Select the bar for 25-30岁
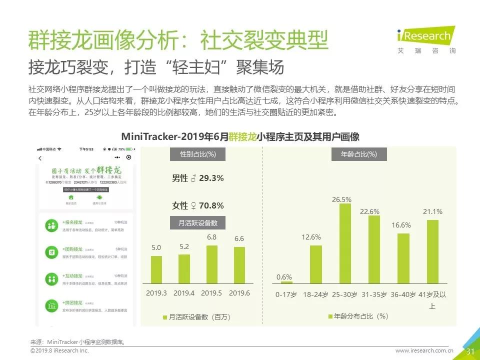pyautogui.click(x=345, y=243)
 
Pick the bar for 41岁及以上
pyautogui.click(x=432, y=251)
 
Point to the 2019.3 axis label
pyautogui.click(x=156, y=293)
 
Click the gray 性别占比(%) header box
pyautogui.click(x=197, y=154)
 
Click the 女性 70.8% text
pyautogui.click(x=197, y=205)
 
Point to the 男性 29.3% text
pyautogui.click(x=197, y=178)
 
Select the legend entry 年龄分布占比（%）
pyautogui.click(x=358, y=316)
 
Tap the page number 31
pyautogui.click(x=470, y=351)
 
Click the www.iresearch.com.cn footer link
pyautogui.click(x=424, y=351)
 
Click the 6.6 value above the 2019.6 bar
pyautogui.click(x=239, y=239)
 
